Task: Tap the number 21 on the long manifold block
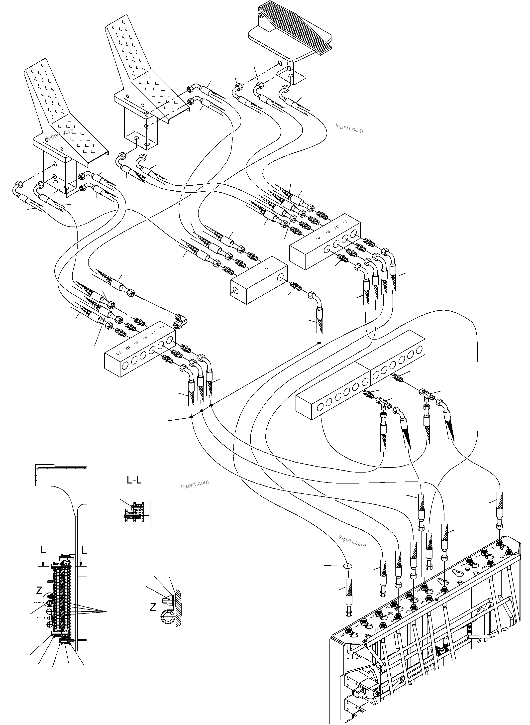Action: click(118, 353)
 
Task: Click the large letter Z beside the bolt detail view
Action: click(153, 607)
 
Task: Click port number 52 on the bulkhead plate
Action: click(502, 557)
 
